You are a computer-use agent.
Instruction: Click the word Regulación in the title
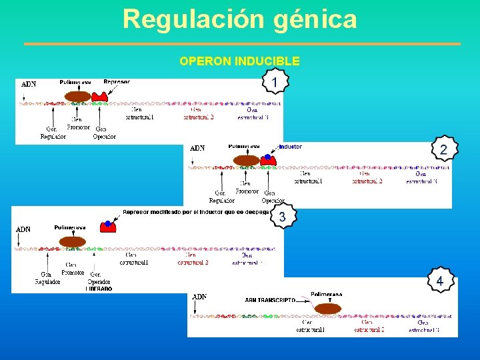click(x=194, y=19)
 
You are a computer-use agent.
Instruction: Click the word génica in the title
click(x=315, y=19)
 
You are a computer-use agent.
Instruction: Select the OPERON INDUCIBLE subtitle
click(x=239, y=61)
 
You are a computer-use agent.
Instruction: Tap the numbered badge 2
click(x=443, y=150)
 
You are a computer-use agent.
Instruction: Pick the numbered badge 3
click(x=283, y=217)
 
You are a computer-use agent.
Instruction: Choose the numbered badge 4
click(x=439, y=281)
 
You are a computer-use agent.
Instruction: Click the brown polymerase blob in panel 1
click(x=78, y=97)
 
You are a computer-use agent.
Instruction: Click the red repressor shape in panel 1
click(x=100, y=96)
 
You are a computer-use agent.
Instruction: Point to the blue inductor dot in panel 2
click(x=267, y=157)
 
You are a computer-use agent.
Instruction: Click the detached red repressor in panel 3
click(x=107, y=226)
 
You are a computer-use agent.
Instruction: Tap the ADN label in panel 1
click(x=29, y=85)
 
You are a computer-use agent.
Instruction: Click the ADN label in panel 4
click(x=199, y=297)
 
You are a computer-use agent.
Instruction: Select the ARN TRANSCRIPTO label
click(x=269, y=301)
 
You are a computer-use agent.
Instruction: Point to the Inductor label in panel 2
click(x=290, y=146)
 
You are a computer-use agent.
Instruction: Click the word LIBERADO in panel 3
click(x=99, y=289)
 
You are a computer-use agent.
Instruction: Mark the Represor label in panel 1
click(x=117, y=81)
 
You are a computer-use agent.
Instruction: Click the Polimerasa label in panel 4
click(x=326, y=294)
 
